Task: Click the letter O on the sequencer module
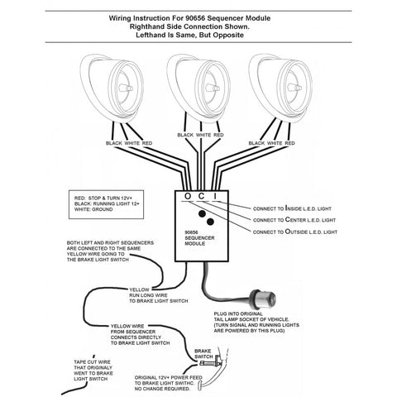(188, 196)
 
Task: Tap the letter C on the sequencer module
(202, 196)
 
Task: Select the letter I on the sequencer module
(215, 196)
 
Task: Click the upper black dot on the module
(203, 213)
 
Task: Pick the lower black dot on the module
(210, 222)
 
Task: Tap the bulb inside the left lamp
(127, 88)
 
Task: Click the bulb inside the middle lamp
(213, 88)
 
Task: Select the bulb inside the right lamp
(295, 88)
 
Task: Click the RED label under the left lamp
(147, 143)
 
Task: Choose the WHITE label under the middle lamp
(203, 135)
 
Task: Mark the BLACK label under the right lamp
(256, 143)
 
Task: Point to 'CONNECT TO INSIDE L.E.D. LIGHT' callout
(292, 208)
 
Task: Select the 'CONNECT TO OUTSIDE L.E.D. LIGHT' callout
(295, 232)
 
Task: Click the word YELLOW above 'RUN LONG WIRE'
(139, 289)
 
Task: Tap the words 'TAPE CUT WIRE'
(92, 362)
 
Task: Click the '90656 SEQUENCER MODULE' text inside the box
(199, 238)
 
